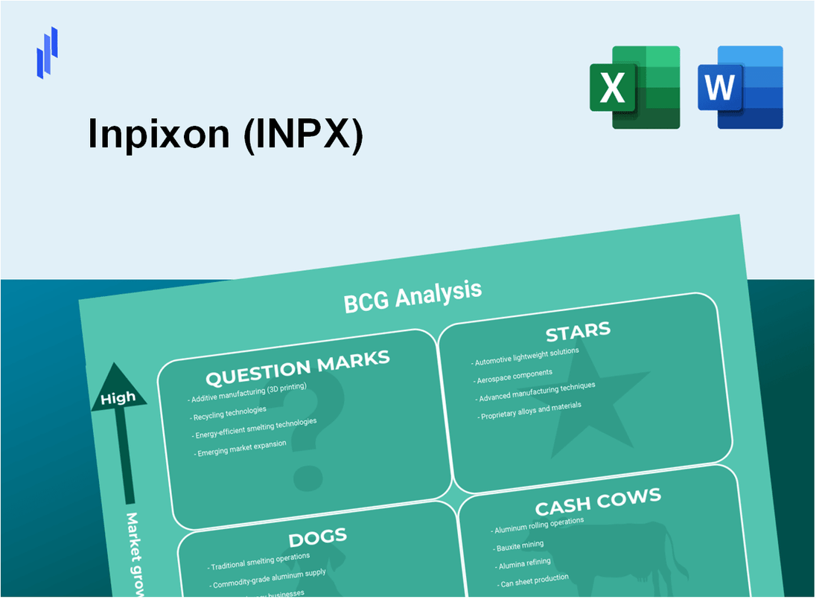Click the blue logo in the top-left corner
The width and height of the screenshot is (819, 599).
47,52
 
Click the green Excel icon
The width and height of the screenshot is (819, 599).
634,87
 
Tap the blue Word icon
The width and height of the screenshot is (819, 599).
740,87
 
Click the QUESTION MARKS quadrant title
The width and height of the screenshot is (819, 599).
297,368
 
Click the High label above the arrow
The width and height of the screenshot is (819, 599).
118,398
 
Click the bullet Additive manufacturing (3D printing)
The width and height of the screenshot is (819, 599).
247,393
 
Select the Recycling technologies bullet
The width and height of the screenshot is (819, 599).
229,411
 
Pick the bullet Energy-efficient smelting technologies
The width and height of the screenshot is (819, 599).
255,428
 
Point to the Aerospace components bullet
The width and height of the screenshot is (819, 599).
514,374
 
